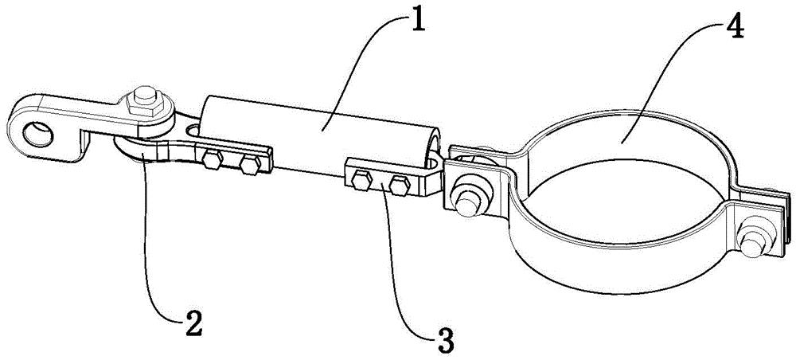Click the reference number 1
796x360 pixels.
point(419,18)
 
